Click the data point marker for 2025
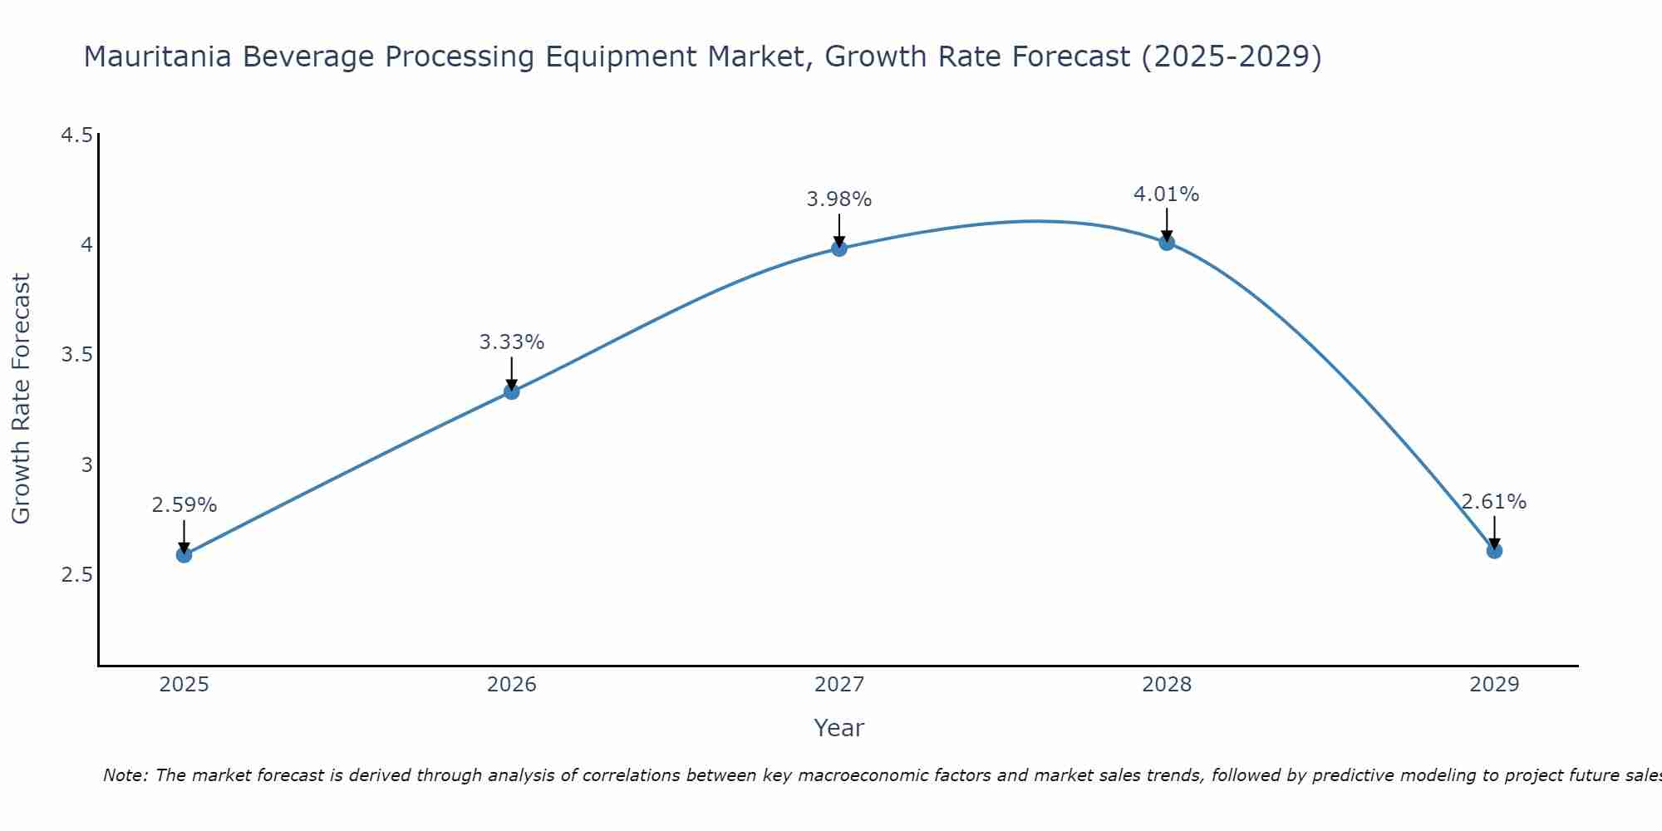click(184, 554)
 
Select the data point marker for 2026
click(512, 391)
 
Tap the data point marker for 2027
click(839, 248)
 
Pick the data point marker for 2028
click(1167, 242)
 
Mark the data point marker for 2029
click(1494, 550)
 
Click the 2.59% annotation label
click(184, 505)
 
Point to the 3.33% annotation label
click(512, 342)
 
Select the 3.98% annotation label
click(839, 199)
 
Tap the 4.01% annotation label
click(1167, 194)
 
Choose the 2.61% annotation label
click(1494, 502)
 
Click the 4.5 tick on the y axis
click(76, 135)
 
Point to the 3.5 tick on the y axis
click(76, 356)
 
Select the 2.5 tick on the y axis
click(76, 576)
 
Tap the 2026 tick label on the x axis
click(512, 685)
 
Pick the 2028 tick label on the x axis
click(1167, 685)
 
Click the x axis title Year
click(839, 728)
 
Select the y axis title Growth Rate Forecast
click(22, 399)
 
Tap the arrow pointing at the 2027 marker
click(839, 229)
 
